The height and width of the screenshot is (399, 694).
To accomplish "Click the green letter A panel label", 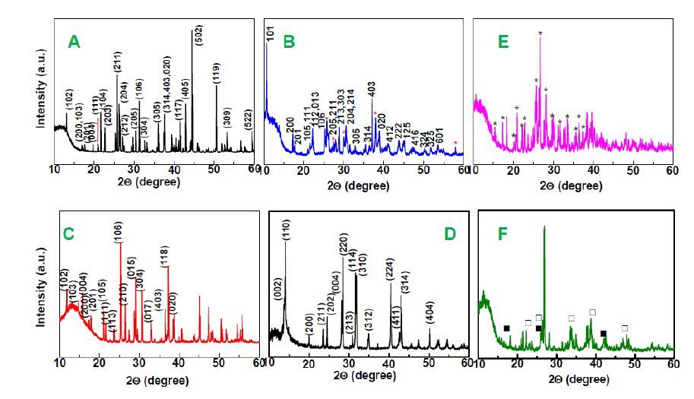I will pos(74,43).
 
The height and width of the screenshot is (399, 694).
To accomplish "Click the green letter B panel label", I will pos(288,42).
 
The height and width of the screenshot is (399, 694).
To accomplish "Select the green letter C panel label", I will pos(68,234).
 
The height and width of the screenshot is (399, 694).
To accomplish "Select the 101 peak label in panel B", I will pos(270,33).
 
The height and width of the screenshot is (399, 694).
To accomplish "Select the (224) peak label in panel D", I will pos(391,268).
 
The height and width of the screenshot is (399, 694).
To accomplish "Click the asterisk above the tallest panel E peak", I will pos(540,33).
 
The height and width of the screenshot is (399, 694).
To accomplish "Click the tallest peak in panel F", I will pos(544,228).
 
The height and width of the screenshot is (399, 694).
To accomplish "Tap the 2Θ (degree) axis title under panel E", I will pos(574,185).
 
